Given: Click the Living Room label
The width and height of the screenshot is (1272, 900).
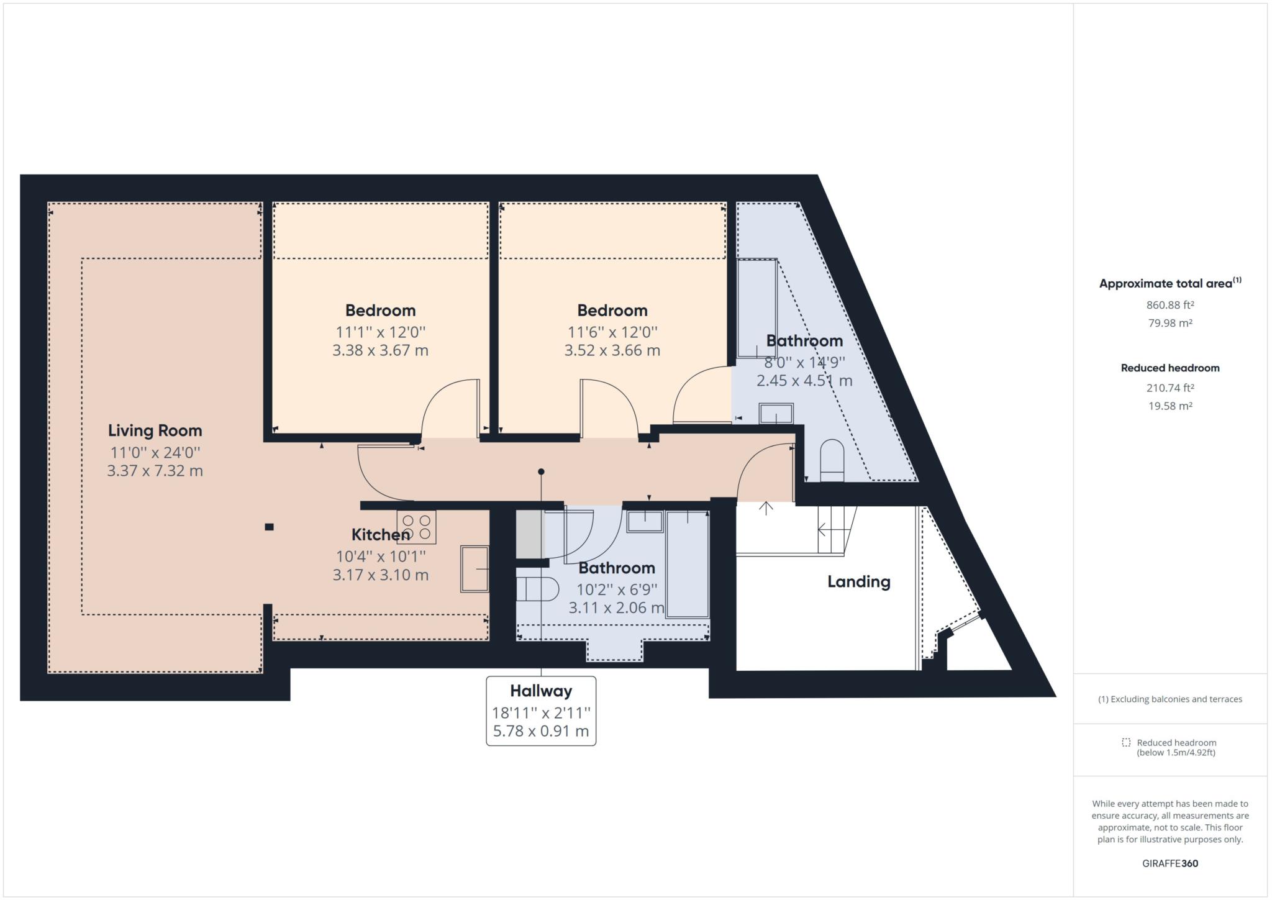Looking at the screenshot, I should pyautogui.click(x=155, y=430).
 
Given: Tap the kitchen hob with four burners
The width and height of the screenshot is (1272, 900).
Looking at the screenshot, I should pyautogui.click(x=416, y=527).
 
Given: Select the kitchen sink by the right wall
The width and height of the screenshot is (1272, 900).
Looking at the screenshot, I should pyautogui.click(x=474, y=568).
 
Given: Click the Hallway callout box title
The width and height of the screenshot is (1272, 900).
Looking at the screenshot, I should pyautogui.click(x=540, y=691).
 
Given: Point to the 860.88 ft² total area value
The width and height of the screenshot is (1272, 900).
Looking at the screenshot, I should pyautogui.click(x=1170, y=305).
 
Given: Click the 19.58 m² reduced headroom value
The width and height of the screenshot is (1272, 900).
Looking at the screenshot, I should pyautogui.click(x=1170, y=406).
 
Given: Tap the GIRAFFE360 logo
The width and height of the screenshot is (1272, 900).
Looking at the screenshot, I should pyautogui.click(x=1170, y=863).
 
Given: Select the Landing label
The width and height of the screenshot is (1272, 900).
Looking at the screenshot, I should pyautogui.click(x=858, y=581).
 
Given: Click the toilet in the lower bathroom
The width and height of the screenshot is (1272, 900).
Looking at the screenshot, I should pyautogui.click(x=538, y=589).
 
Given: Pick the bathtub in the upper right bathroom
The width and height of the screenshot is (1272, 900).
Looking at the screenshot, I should pyautogui.click(x=756, y=309).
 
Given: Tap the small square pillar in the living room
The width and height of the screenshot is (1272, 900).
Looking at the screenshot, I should pyautogui.click(x=269, y=527).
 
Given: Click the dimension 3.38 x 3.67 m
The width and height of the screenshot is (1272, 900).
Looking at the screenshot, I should pyautogui.click(x=380, y=350).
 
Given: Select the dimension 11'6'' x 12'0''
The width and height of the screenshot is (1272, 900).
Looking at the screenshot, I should pyautogui.click(x=612, y=332).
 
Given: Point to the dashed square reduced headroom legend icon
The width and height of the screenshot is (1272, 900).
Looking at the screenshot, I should pyautogui.click(x=1126, y=742).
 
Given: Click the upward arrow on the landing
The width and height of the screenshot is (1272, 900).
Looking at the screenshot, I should pyautogui.click(x=766, y=508).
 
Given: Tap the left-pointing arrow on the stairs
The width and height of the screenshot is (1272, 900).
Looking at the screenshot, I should pyautogui.click(x=824, y=530).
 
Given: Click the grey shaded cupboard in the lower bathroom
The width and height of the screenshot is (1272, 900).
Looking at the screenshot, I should pyautogui.click(x=529, y=534).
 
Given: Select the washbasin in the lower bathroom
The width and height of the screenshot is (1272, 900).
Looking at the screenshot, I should pyautogui.click(x=645, y=521).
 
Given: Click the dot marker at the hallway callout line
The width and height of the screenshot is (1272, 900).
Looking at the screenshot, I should pyautogui.click(x=541, y=472).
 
